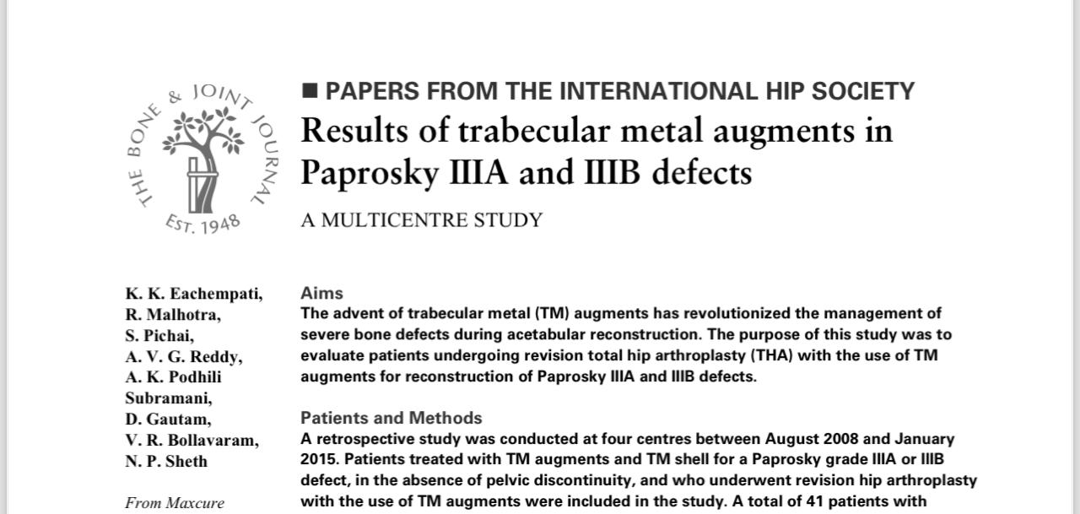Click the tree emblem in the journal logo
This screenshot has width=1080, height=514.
[202, 156]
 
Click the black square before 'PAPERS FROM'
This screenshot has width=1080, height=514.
[310, 90]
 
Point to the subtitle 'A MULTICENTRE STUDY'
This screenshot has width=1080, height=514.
[421, 220]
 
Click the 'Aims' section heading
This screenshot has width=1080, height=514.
[321, 293]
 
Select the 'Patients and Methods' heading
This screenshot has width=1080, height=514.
[391, 418]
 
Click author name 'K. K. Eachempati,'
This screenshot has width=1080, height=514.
[194, 294]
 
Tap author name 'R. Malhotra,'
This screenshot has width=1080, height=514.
[173, 315]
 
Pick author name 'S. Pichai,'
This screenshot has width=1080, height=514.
[159, 336]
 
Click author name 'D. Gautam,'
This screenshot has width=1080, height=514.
[168, 419]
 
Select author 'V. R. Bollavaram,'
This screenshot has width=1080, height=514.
[192, 441]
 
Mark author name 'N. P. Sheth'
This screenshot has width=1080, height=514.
[166, 462]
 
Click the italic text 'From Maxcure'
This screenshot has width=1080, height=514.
[175, 503]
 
